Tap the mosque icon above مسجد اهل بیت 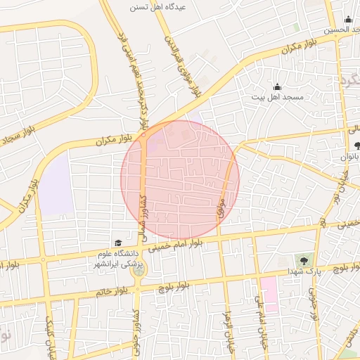277,86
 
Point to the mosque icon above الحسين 347,19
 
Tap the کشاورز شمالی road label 143,216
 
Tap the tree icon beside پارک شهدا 305,261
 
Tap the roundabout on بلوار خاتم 139,268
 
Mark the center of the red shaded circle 180,180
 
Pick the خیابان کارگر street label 50,336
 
